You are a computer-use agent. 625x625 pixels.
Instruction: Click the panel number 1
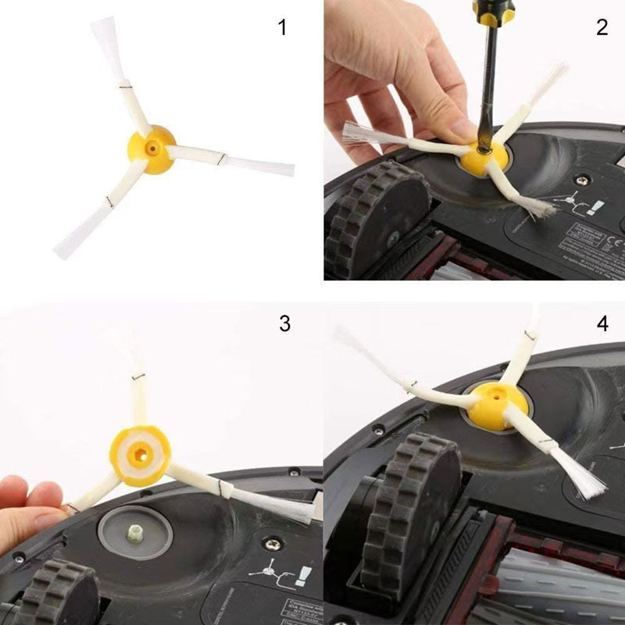coord(282,29)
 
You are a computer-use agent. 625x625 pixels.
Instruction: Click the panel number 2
coord(602,27)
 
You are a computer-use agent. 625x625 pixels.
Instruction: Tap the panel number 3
coord(284,323)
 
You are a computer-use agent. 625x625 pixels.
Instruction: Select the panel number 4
coord(602,323)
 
